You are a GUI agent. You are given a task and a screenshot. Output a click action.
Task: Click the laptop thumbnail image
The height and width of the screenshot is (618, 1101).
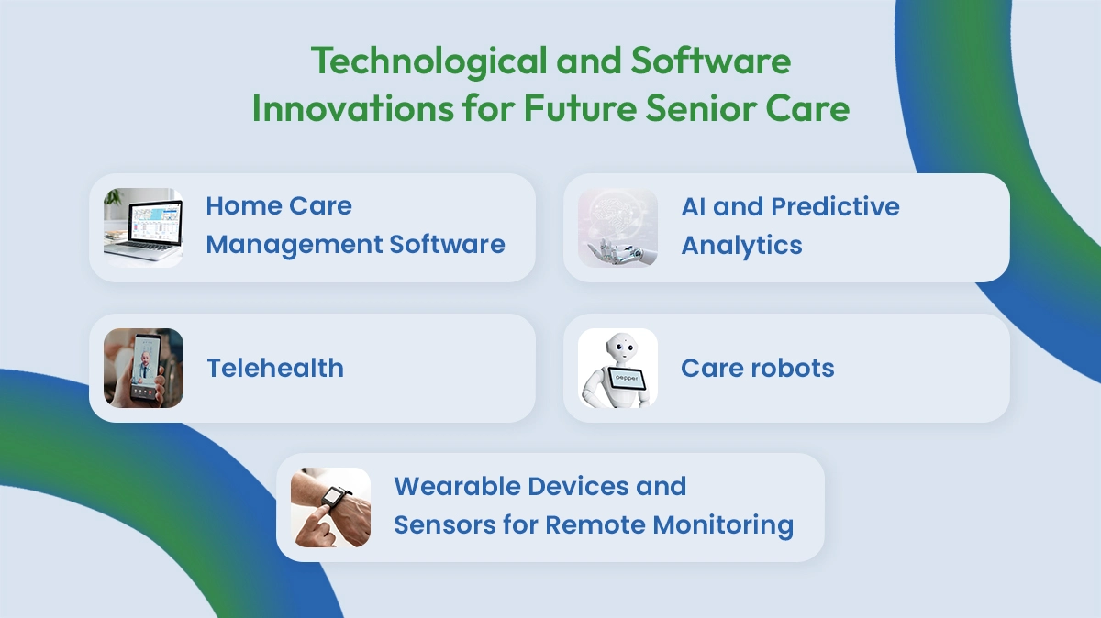(142, 227)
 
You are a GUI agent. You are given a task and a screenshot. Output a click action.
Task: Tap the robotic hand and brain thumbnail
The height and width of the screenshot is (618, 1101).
(617, 227)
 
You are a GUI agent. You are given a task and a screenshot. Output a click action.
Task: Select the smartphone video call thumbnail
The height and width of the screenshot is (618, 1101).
(143, 368)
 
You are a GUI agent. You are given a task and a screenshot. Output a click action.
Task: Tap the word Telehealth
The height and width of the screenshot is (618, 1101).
(275, 368)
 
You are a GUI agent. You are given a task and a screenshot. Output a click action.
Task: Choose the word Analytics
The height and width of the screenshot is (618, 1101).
(741, 246)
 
